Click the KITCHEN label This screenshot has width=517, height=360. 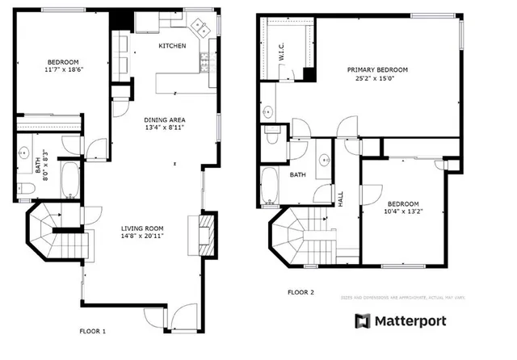[172, 46]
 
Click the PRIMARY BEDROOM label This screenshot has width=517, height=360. [377, 70]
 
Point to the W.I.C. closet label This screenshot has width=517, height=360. [280, 54]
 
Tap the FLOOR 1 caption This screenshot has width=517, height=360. [92, 331]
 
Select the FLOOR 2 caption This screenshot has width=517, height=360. [300, 293]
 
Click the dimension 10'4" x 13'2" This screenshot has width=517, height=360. [403, 211]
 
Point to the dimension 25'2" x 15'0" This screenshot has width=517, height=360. [377, 79]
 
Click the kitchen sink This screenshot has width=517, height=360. [204, 28]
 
